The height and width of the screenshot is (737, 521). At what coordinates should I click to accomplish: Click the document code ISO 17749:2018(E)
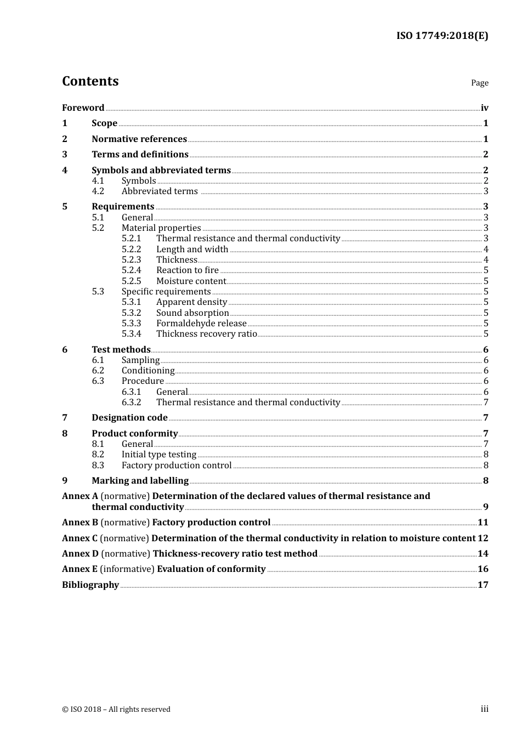pos(442,36)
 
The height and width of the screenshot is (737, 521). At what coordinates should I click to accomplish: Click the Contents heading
pos(90,81)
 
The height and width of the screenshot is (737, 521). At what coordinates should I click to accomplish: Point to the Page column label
pos(479,83)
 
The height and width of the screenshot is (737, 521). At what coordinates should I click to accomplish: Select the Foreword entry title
pos(83,107)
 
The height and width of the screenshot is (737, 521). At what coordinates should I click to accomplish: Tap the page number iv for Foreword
pos(484,108)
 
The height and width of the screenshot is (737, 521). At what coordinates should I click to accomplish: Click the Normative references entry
pos(139,139)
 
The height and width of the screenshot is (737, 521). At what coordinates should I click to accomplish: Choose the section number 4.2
pos(98,191)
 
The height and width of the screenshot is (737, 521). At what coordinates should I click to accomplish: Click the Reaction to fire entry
pos(187,270)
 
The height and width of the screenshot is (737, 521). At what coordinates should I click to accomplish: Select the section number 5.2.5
pos(131,281)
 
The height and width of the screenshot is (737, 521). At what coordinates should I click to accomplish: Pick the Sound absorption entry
pos(192,313)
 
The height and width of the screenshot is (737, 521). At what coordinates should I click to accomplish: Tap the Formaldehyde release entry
pos(201,323)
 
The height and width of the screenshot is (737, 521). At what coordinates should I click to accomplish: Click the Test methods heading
pos(121,349)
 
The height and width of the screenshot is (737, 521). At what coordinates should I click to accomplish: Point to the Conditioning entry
pos(148,370)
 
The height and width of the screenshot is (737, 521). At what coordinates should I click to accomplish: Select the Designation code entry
pos(129,417)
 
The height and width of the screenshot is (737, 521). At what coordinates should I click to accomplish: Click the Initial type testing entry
pos(158,454)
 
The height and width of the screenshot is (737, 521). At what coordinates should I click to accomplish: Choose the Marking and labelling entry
pos(140,480)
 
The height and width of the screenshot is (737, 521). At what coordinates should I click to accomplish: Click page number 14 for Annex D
pos(483,553)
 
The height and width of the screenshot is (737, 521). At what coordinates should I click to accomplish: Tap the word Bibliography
pos(90,585)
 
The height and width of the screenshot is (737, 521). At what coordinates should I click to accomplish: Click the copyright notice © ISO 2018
pos(116,709)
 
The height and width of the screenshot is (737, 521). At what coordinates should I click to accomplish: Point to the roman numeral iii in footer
pos(484,709)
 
